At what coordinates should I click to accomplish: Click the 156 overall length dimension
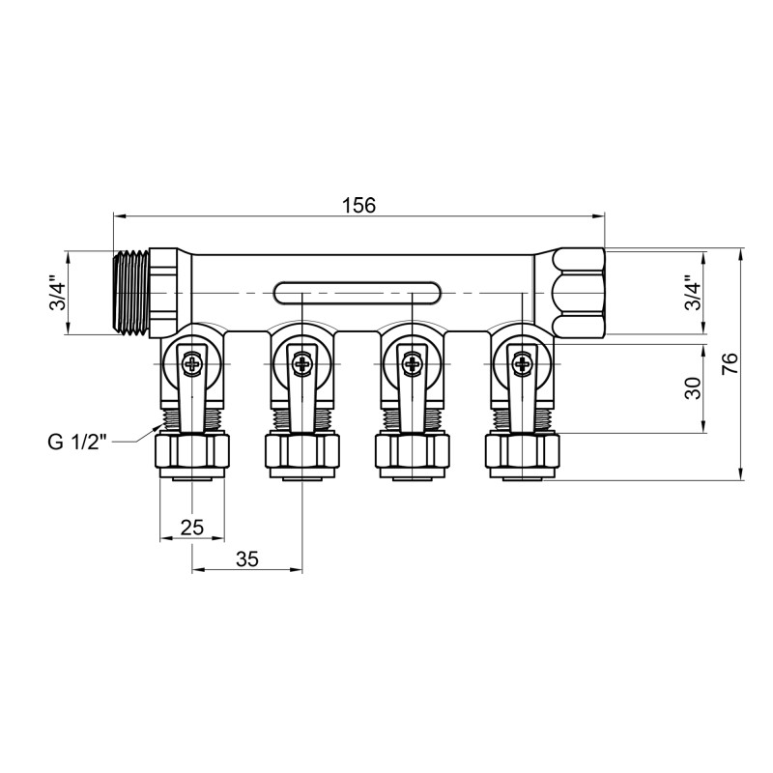click(x=358, y=205)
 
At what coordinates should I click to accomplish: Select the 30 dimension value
click(x=691, y=387)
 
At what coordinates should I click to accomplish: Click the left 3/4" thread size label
click(x=59, y=293)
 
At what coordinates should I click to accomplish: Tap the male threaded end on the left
click(x=130, y=293)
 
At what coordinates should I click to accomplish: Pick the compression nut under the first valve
click(x=192, y=451)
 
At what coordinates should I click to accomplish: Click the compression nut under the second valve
click(x=302, y=451)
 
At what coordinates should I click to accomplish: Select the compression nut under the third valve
click(x=414, y=451)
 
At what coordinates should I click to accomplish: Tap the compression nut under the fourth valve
click(x=524, y=451)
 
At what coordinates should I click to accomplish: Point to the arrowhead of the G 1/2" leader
click(x=160, y=427)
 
